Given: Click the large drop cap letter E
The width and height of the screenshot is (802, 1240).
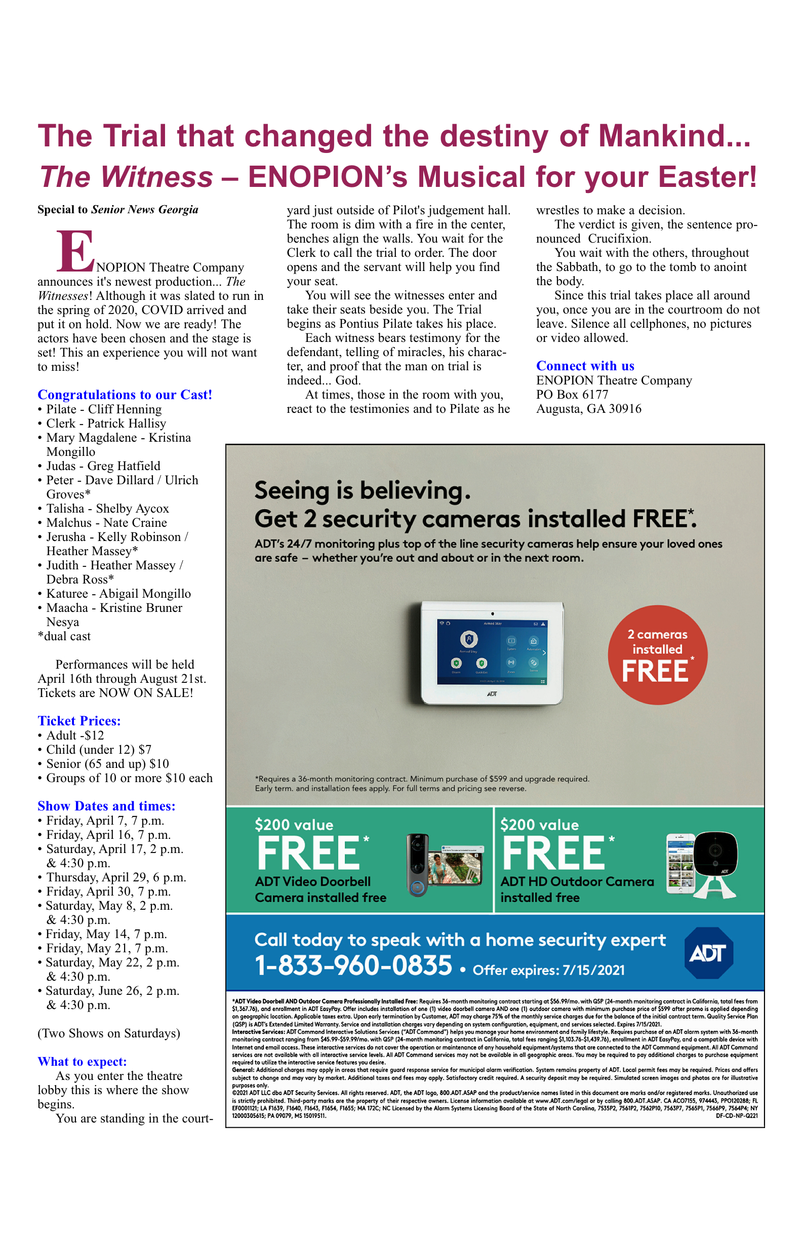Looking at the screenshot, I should pyautogui.click(x=75, y=252).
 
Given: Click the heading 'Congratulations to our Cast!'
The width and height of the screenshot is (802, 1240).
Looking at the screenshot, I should pyautogui.click(x=125, y=395).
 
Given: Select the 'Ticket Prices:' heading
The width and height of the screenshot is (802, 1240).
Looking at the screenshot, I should pyautogui.click(x=79, y=721).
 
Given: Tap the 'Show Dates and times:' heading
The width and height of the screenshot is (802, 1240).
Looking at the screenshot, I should pyautogui.click(x=106, y=806).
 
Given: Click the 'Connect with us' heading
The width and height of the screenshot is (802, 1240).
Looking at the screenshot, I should pyautogui.click(x=585, y=366).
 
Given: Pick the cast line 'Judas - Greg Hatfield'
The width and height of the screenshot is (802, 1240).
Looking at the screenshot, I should pyautogui.click(x=103, y=466).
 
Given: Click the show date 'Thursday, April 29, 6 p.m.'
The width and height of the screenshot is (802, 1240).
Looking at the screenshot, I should pyautogui.click(x=115, y=877).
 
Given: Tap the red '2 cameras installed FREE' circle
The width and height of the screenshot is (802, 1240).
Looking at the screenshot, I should pyautogui.click(x=657, y=655).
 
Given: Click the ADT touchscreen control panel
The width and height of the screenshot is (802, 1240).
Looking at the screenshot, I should pyautogui.click(x=492, y=653).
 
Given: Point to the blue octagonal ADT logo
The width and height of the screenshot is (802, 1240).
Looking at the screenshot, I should pyautogui.click(x=708, y=953).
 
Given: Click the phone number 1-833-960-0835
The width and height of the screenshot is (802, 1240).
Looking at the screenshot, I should pyautogui.click(x=353, y=965).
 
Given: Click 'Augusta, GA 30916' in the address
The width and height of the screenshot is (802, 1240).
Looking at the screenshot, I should pyautogui.click(x=588, y=408).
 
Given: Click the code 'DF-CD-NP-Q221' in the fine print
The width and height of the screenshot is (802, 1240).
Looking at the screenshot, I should pyautogui.click(x=736, y=1116).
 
